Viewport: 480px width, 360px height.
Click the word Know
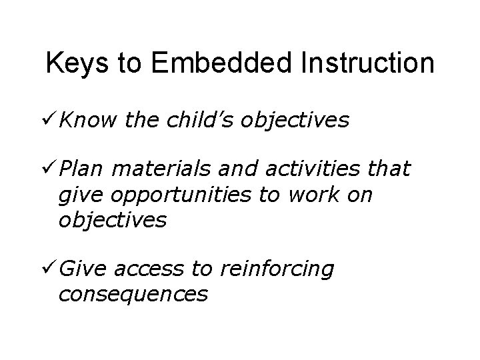(83, 121)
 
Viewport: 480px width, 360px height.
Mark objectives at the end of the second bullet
(112, 220)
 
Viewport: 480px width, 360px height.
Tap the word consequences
(133, 293)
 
